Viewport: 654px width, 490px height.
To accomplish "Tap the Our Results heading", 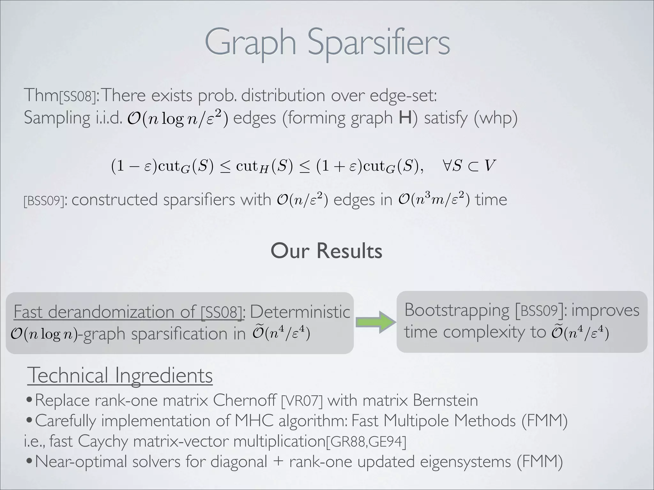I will [326, 251].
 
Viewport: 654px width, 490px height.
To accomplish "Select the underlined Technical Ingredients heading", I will [120, 375].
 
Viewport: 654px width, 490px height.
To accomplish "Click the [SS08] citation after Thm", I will [78, 96].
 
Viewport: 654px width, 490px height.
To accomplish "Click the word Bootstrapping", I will [457, 310].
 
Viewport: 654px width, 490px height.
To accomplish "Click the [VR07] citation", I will [302, 401].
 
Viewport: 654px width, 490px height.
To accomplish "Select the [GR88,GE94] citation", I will [366, 442].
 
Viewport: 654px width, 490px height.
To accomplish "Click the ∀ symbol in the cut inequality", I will [447, 166].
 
